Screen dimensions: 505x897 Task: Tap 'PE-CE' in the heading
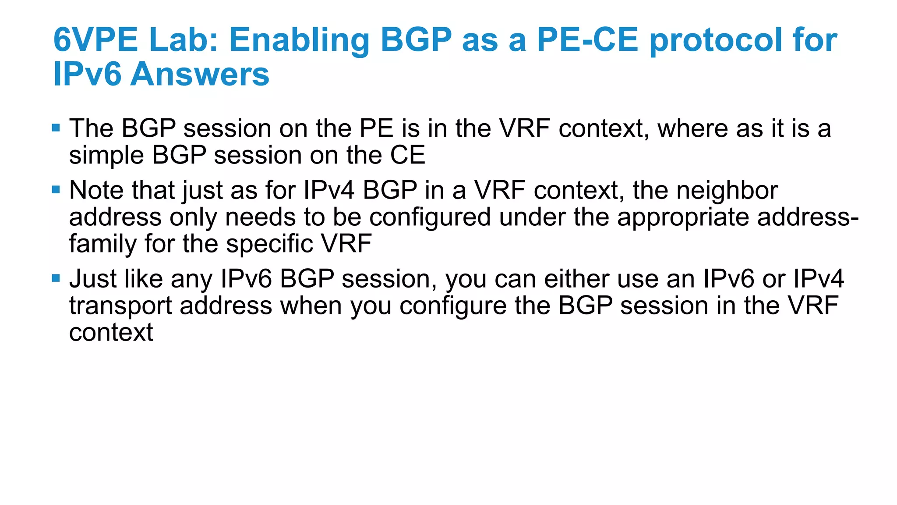587,40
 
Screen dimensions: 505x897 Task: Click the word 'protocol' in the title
716,40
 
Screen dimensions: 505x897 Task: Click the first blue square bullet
56,128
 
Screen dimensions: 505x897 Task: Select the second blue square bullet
56,190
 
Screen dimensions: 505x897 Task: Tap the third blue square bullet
56,278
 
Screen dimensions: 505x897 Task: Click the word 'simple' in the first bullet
106,156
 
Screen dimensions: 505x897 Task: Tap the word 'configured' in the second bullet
430,217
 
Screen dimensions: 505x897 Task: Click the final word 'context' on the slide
111,333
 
